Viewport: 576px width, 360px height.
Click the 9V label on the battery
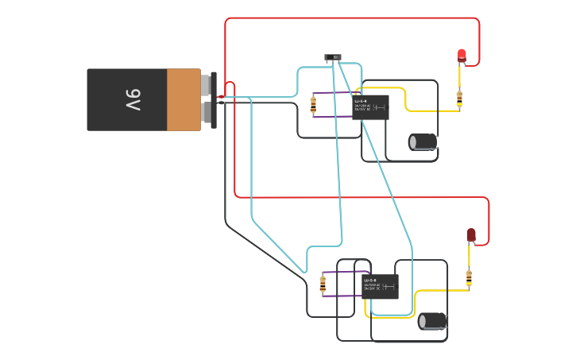pos(133,100)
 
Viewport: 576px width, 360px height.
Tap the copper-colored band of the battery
pos(184,99)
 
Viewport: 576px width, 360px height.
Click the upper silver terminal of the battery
pos(207,84)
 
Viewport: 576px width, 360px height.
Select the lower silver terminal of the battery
pos(207,113)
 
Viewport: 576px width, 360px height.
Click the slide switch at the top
pos(333,57)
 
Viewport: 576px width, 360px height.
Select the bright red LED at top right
pos(462,55)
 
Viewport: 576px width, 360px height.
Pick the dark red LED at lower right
pos(471,234)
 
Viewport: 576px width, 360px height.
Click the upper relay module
pos(370,107)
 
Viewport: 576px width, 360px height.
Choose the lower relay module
pos(380,286)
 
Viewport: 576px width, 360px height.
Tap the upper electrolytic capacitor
pos(423,141)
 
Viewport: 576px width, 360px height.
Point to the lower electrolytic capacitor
pos(433,321)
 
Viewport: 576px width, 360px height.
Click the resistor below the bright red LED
pos(459,99)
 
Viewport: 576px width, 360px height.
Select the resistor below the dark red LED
pos(469,277)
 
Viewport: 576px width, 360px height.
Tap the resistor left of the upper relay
pos(313,104)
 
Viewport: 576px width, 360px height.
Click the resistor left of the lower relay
pos(323,284)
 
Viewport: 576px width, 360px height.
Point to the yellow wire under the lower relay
pos(367,311)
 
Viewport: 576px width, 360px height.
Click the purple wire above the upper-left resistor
pos(334,92)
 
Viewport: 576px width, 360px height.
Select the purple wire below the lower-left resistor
pos(342,296)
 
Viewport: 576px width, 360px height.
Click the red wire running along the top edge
pos(350,18)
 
